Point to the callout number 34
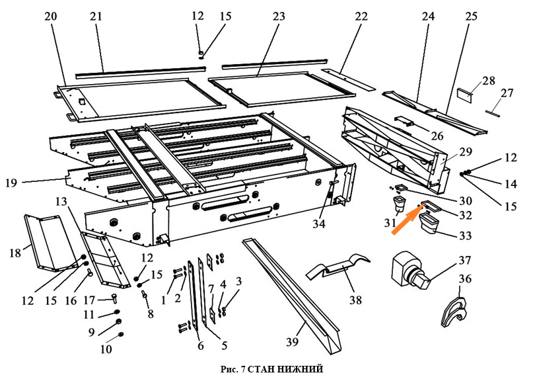[x=319, y=224]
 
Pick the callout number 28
[x=488, y=80]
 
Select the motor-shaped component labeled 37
[x=410, y=271]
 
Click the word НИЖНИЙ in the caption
[x=301, y=368]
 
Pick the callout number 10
[x=106, y=349]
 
